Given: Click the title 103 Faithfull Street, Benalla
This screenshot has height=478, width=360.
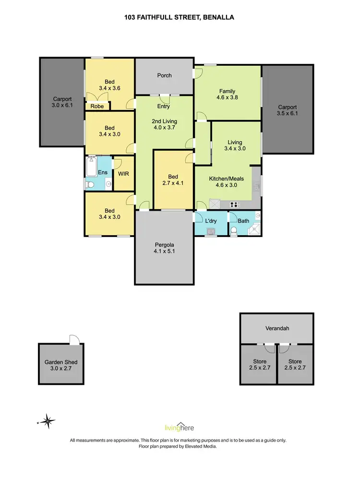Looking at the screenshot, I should (x=180, y=17).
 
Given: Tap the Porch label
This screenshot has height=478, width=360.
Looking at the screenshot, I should (x=164, y=75).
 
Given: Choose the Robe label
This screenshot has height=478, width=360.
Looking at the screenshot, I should (x=97, y=107).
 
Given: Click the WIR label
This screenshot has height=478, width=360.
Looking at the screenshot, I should (x=123, y=173).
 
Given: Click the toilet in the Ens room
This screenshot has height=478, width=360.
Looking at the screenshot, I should (x=90, y=184).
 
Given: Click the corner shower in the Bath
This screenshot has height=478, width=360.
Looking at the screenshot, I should (x=254, y=230).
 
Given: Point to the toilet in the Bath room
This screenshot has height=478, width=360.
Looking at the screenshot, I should (x=234, y=232).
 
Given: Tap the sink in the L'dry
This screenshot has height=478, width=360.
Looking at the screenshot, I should (x=210, y=233).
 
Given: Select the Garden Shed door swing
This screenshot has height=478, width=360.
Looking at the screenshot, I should (x=73, y=339).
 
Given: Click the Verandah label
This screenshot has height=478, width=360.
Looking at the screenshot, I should (x=277, y=329).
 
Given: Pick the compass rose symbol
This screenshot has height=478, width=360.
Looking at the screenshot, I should (x=48, y=422).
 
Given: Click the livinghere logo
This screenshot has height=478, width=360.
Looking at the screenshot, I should (x=180, y=427).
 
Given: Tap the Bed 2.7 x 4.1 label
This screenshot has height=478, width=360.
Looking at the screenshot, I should (x=173, y=179).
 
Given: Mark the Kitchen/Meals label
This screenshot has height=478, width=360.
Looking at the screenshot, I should (x=226, y=182).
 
